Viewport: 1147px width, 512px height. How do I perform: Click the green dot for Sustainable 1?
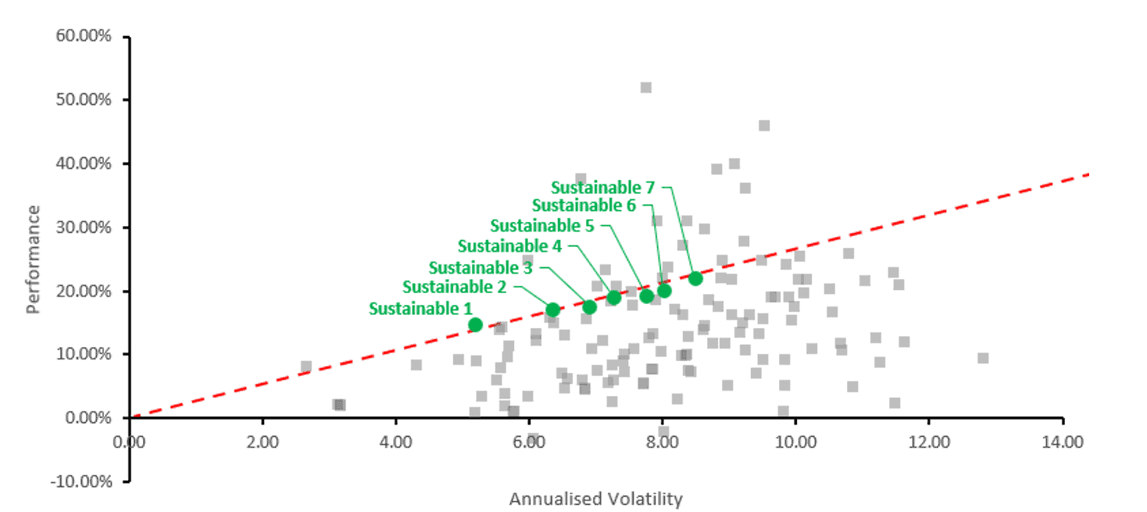coord(475,324)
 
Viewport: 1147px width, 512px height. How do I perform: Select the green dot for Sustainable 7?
coord(695,278)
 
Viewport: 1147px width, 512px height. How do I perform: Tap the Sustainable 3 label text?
coord(480,267)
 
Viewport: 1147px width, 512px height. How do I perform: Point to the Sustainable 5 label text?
coord(542,226)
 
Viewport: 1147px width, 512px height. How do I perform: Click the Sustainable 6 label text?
coord(584,205)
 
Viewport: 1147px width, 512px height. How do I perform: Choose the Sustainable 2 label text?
coord(454,287)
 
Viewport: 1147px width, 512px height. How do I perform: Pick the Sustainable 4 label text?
coord(509,246)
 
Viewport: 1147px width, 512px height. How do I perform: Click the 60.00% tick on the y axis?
coord(85,37)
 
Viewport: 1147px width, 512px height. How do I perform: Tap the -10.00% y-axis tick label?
coord(83,481)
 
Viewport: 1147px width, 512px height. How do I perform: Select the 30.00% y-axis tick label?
coord(85,227)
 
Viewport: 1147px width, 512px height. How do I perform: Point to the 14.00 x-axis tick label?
coord(1062,441)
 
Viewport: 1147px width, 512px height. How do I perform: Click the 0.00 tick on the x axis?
coord(129,441)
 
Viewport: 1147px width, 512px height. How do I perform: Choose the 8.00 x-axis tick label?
coord(662,441)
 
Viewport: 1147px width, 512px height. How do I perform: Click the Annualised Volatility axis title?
coord(595,499)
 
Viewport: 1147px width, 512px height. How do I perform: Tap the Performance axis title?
coord(33,259)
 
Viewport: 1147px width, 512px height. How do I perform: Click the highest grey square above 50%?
coord(645,88)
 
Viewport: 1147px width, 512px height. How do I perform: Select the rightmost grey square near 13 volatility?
coord(983,358)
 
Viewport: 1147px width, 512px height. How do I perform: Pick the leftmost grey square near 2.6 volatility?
coord(306,367)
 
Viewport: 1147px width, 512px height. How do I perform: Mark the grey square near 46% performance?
coord(763,126)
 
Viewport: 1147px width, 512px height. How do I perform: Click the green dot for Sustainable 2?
coord(552,310)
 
